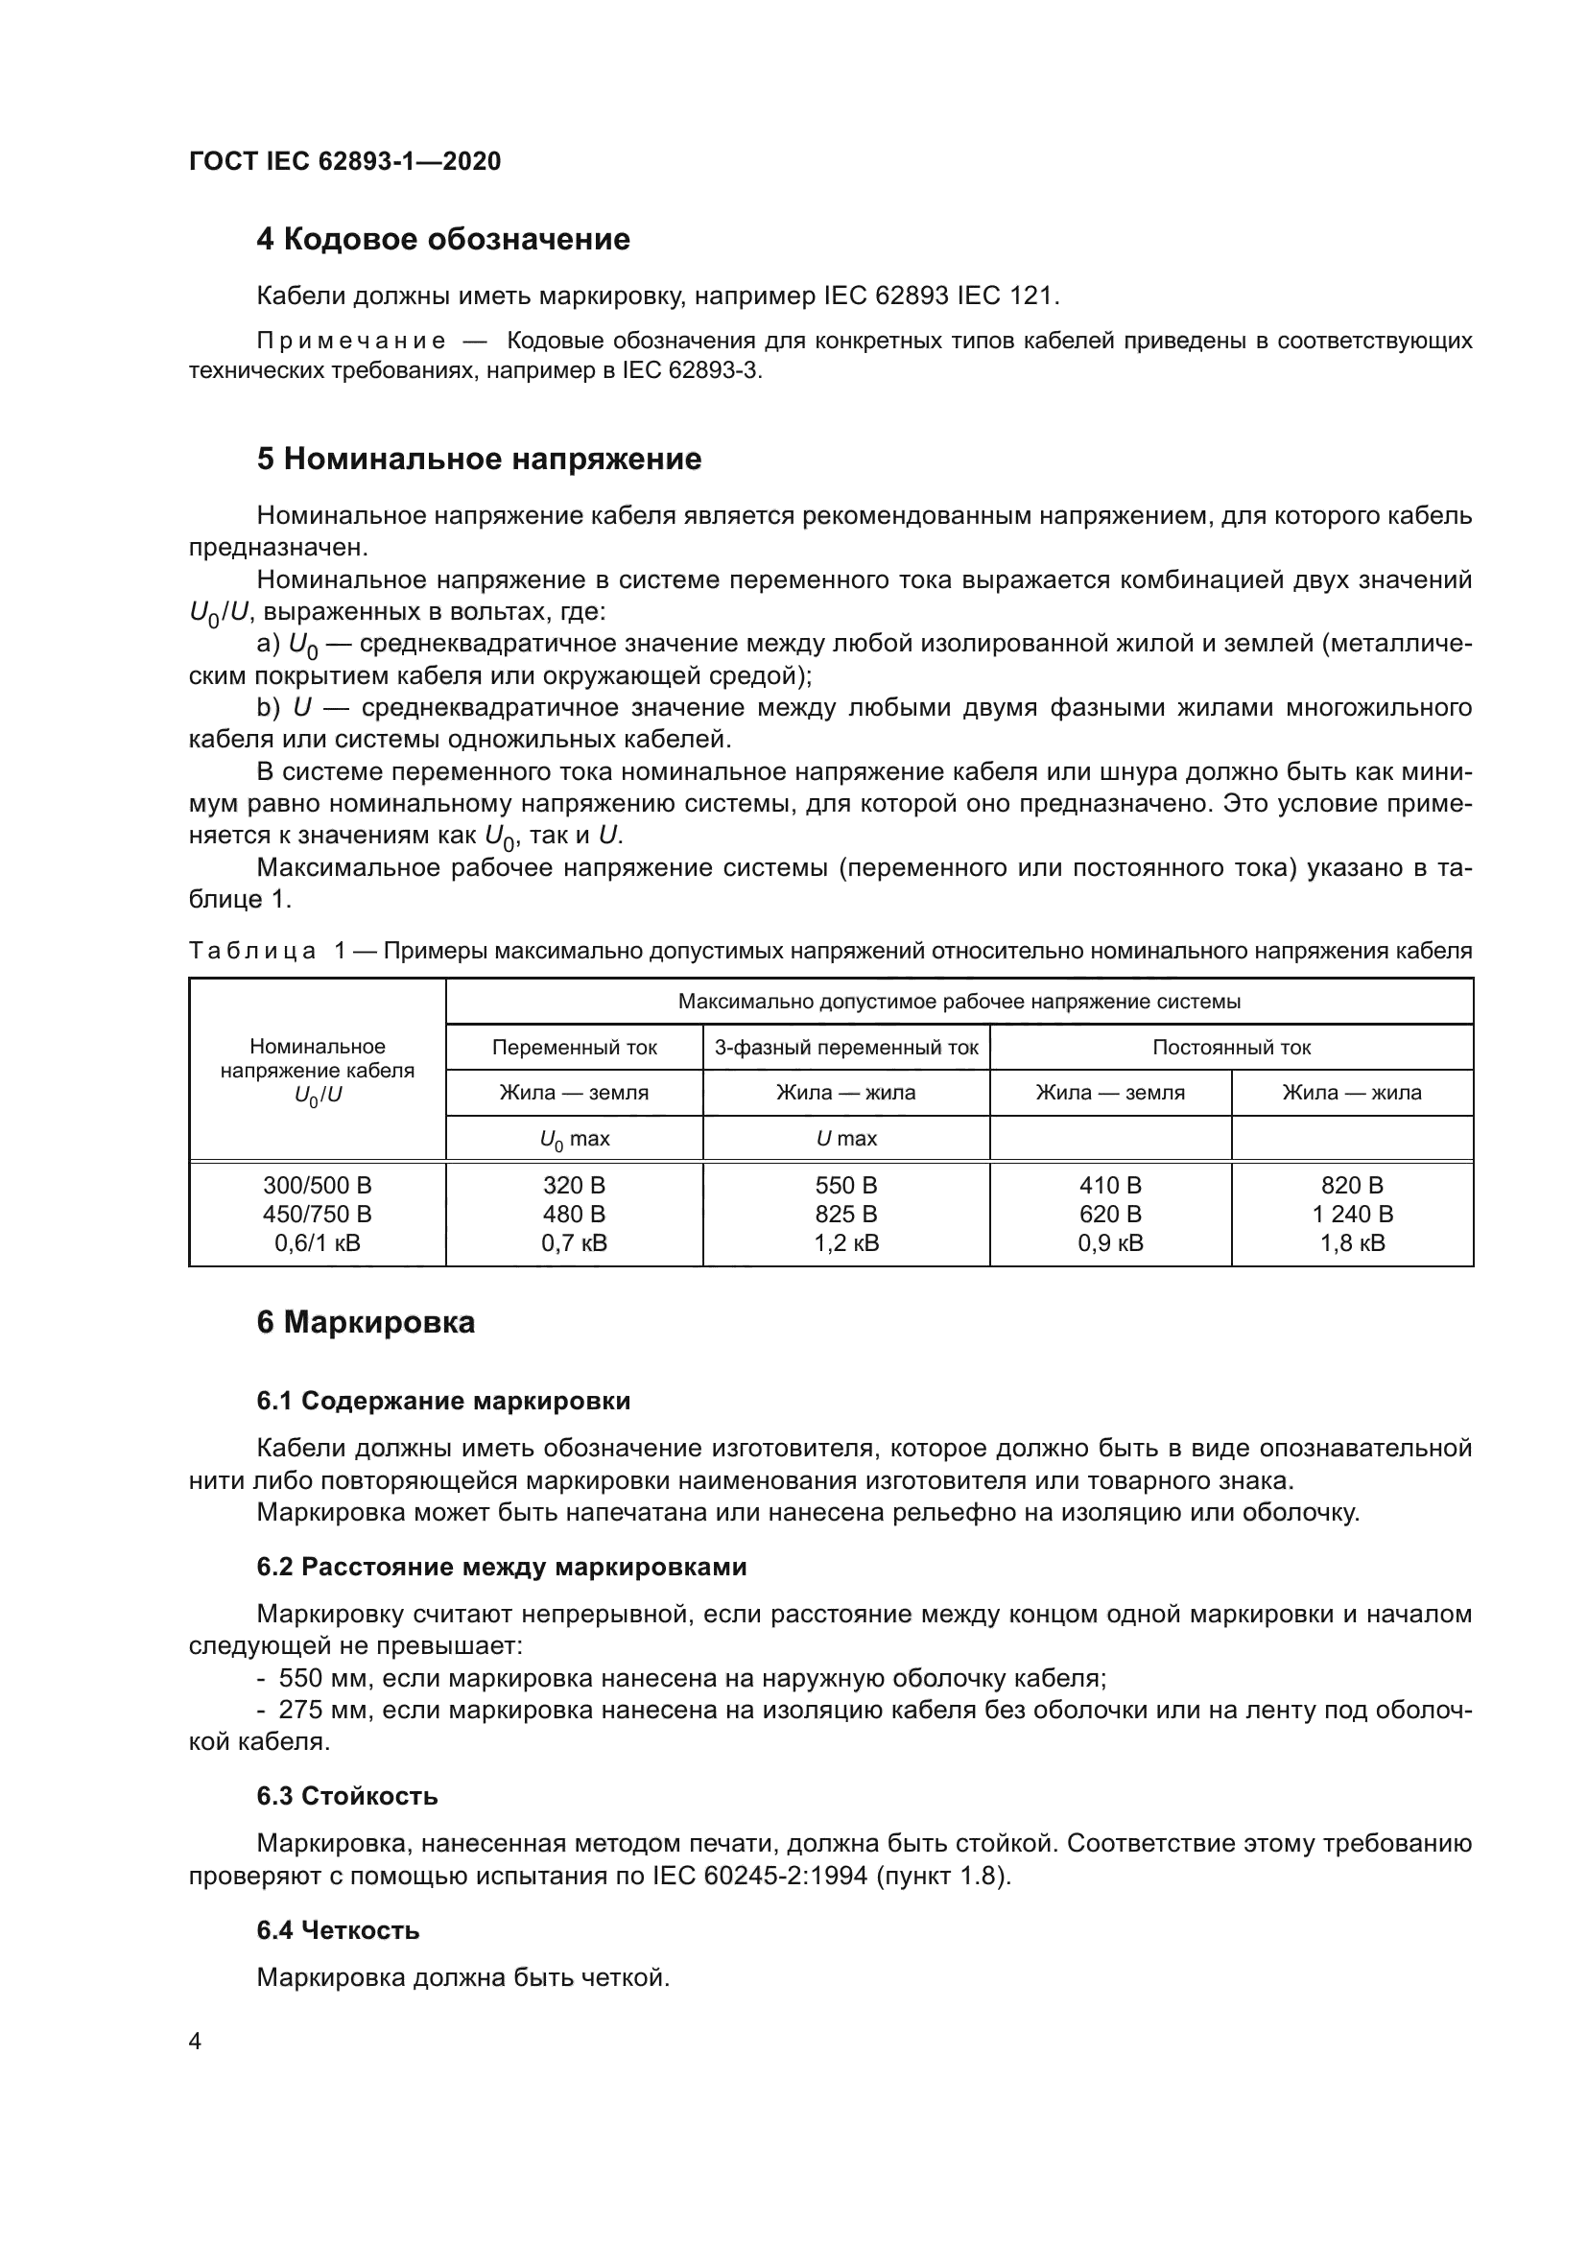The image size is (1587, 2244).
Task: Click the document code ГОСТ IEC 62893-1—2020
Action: (x=344, y=161)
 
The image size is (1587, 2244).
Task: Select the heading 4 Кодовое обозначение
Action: (x=442, y=240)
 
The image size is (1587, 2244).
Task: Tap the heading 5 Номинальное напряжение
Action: (x=479, y=460)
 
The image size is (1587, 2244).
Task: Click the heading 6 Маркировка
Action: (x=366, y=1322)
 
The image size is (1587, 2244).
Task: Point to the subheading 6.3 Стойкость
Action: (x=347, y=1795)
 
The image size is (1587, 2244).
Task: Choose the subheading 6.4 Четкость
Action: (x=338, y=1930)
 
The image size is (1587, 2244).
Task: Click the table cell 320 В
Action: (x=574, y=1186)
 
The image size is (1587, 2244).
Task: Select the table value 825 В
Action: (x=846, y=1214)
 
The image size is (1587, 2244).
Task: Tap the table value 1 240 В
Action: (x=1353, y=1214)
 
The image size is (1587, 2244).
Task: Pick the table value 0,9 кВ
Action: (x=1110, y=1243)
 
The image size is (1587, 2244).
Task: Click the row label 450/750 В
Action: (x=317, y=1214)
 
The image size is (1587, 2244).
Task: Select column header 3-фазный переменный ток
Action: (x=846, y=1048)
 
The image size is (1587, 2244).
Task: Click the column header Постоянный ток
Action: (x=1231, y=1048)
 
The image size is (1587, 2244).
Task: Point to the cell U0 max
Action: (x=574, y=1139)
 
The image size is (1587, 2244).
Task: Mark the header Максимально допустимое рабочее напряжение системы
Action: (x=959, y=1002)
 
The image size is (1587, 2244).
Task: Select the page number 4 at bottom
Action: (x=195, y=2041)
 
